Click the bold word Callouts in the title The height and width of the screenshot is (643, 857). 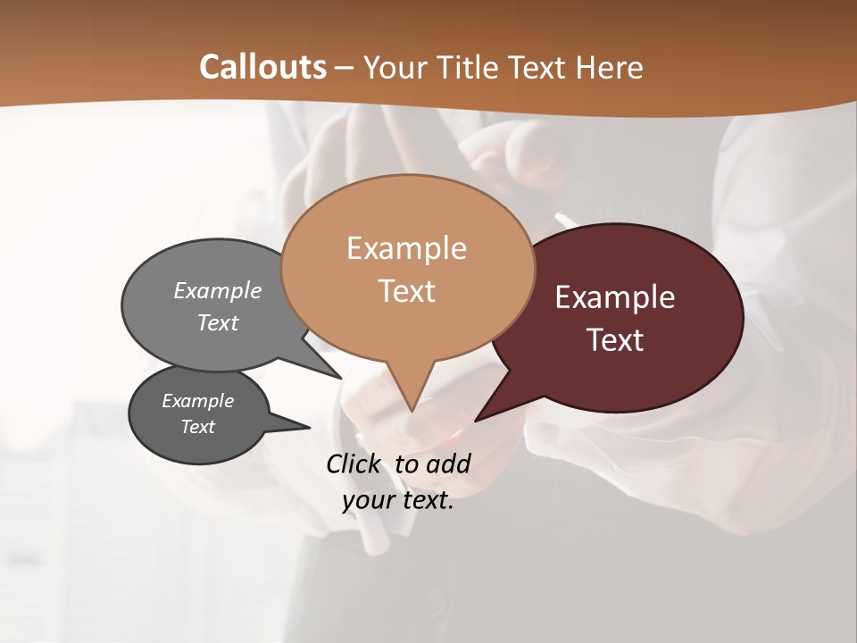(262, 67)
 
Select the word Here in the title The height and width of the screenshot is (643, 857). (610, 67)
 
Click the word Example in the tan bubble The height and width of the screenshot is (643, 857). (406, 248)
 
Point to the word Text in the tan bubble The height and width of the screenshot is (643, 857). (406, 291)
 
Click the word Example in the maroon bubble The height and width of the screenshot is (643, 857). (615, 297)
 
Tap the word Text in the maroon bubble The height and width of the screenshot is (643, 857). (615, 340)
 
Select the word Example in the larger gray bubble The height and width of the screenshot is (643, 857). (218, 290)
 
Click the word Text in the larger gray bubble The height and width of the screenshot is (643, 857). (218, 322)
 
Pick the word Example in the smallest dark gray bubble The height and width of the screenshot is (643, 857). (198, 401)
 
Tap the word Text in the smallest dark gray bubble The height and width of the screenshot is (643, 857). (198, 427)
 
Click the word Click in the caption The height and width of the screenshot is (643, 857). (354, 463)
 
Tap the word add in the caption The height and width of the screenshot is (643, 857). (448, 463)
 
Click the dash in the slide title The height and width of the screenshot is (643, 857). (345, 67)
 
